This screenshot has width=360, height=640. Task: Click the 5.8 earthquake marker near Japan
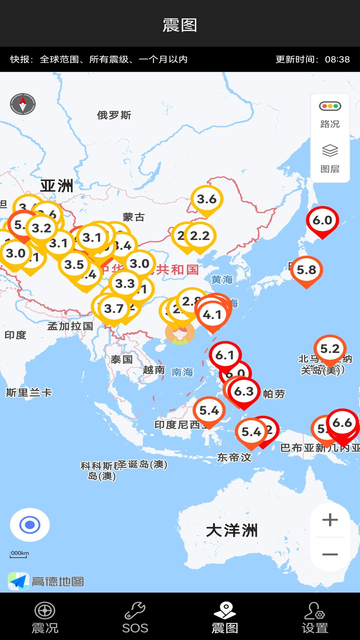click(x=306, y=270)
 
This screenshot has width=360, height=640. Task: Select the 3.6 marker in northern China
click(x=207, y=199)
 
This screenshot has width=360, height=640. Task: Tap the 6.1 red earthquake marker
click(x=225, y=355)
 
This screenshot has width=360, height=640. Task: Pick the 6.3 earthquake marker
click(x=244, y=391)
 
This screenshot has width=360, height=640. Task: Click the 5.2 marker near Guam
click(x=330, y=349)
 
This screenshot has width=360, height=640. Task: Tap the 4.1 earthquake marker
click(x=212, y=315)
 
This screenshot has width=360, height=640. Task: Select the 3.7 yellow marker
click(x=114, y=309)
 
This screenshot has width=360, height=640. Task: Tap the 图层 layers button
click(x=330, y=159)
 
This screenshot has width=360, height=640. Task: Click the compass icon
click(x=23, y=104)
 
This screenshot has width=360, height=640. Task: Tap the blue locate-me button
click(x=30, y=525)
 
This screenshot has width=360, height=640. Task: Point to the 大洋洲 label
click(x=232, y=530)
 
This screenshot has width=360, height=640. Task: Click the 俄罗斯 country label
click(x=114, y=115)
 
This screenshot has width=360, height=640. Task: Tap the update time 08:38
click(x=337, y=59)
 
